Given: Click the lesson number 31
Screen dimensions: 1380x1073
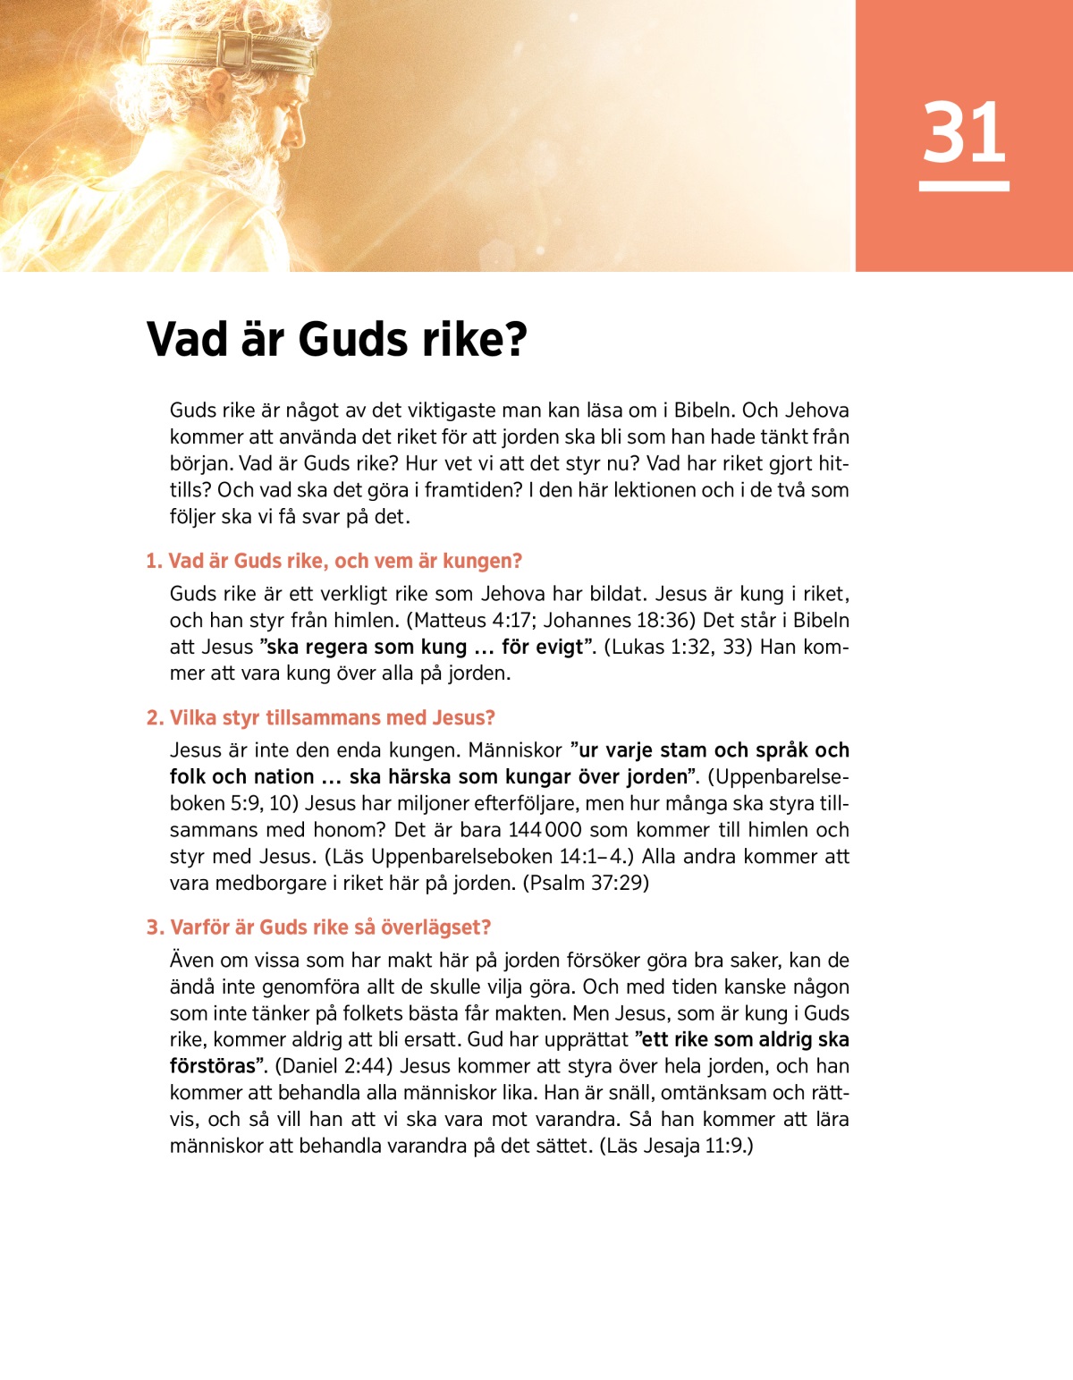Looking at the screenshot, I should pos(964,132).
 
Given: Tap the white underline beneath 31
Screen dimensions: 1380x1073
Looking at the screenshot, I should pos(964,186).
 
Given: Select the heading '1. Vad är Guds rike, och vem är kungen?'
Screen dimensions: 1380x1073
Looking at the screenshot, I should pos(334,562).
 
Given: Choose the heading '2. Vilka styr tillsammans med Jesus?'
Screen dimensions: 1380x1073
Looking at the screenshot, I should pos(321,718).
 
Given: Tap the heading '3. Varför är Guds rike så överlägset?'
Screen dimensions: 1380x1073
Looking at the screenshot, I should pos(319,927).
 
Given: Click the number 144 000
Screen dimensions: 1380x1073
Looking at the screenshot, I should pos(545,830).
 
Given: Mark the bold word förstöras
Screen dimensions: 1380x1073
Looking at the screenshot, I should pos(213,1066).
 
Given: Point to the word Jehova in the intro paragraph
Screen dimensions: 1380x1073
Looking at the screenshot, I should pos(816,411).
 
